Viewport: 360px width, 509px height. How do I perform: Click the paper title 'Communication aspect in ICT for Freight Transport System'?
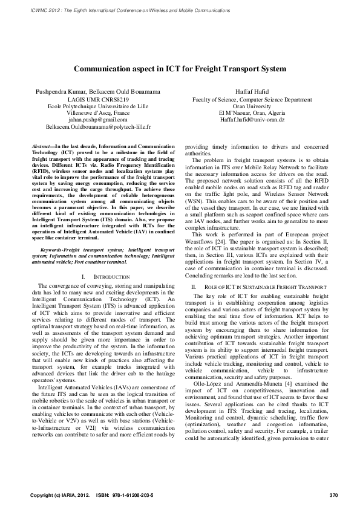(x=180, y=69)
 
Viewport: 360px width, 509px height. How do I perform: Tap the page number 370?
(x=333, y=496)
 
